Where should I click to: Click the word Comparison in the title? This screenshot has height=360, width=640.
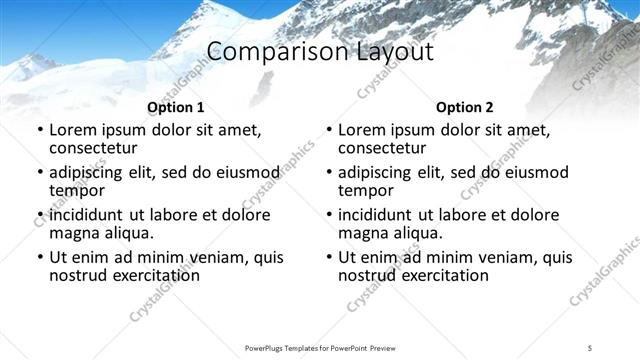pos(264,52)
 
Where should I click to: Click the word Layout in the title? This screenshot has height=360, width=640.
pos(389,52)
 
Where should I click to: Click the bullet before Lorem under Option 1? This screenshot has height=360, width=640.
pos(40,130)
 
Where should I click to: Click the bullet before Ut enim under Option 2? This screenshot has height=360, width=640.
pos(329,258)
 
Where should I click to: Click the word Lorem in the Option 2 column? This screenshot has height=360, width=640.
pos(362,129)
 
